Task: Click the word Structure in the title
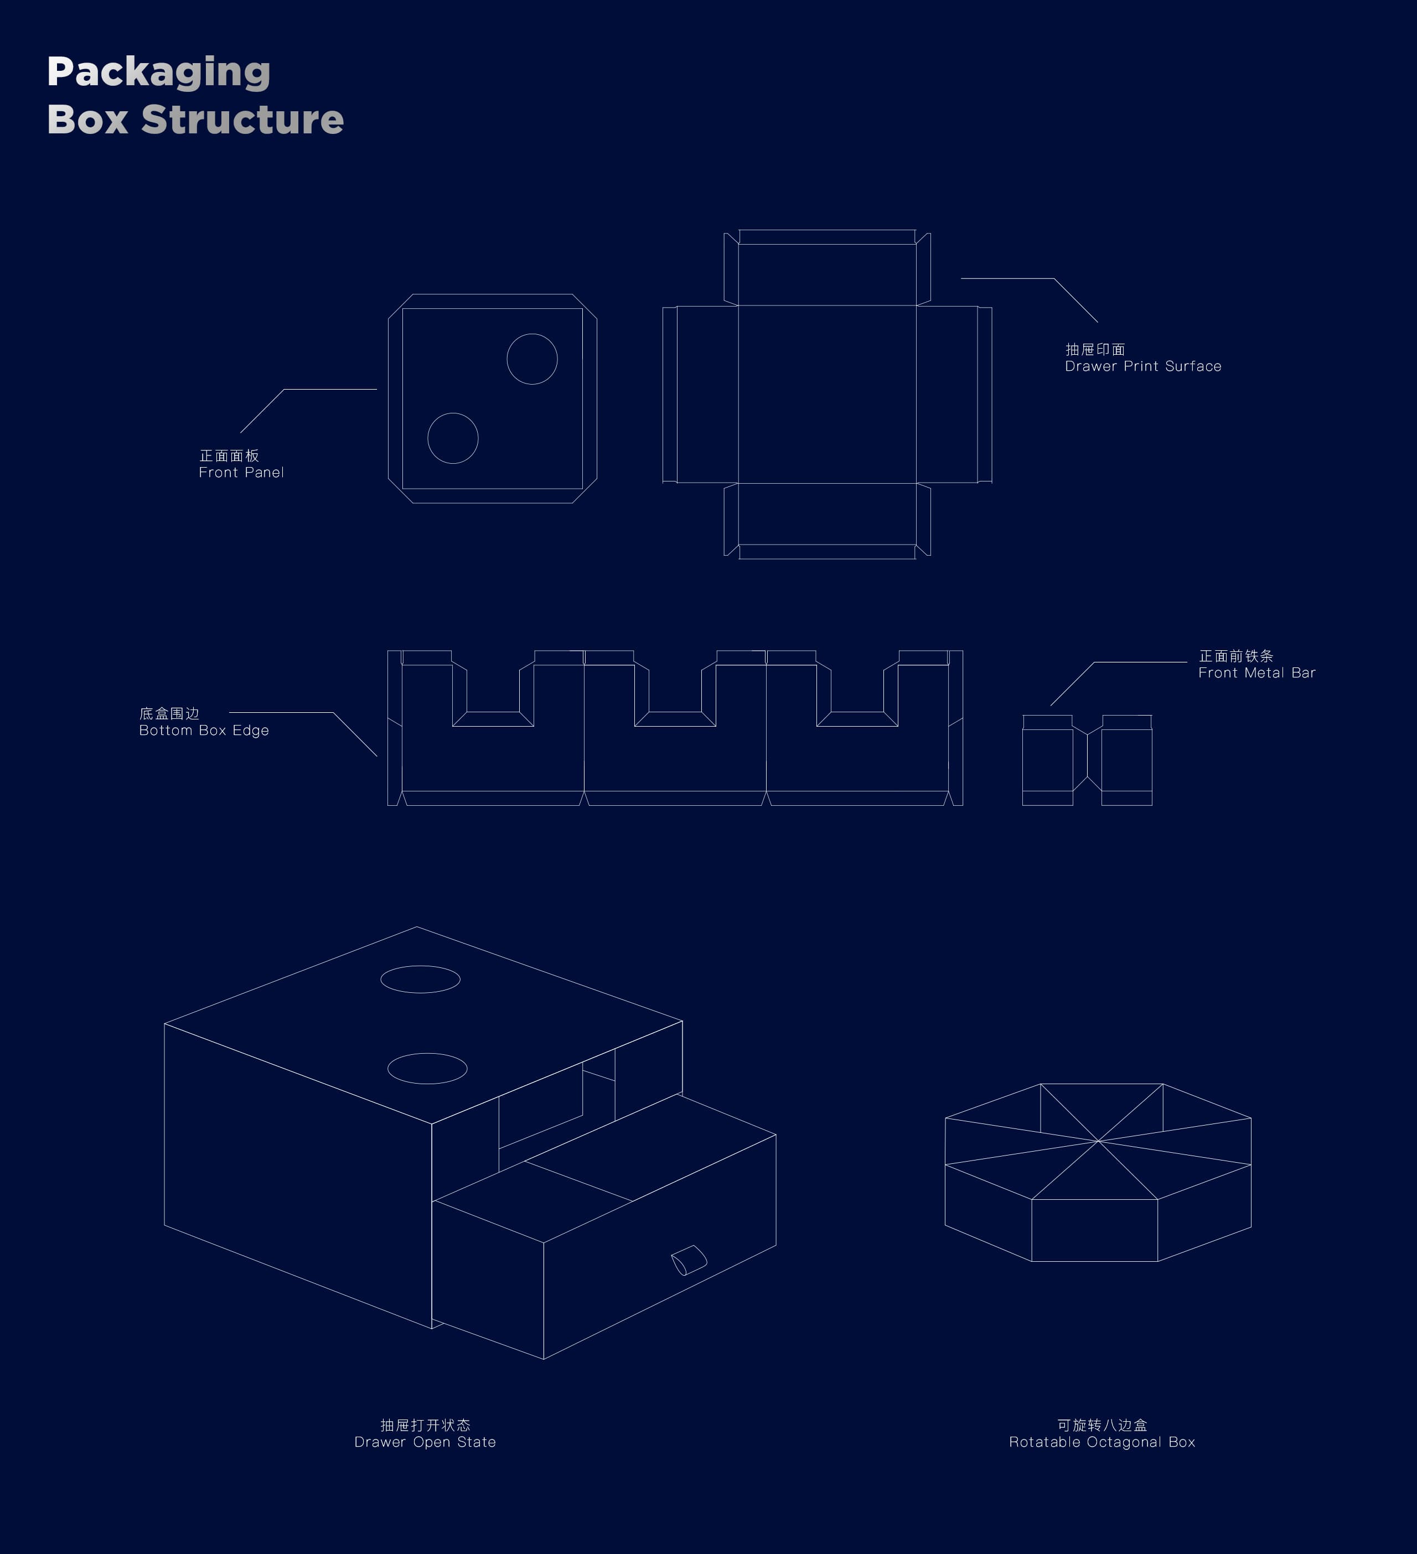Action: pos(243,120)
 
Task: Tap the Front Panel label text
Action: pos(241,464)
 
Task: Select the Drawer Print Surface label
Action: pos(1142,358)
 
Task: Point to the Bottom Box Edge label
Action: pos(204,722)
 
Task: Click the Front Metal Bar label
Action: pos(1256,665)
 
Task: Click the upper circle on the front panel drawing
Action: pos(532,334)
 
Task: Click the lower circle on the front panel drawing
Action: pos(453,413)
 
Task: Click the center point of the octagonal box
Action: pos(1098,1141)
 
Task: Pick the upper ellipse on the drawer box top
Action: pos(420,966)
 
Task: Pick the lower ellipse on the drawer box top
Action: pos(427,1054)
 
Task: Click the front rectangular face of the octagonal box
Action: pos(1095,1230)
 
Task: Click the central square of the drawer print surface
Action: pos(827,394)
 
